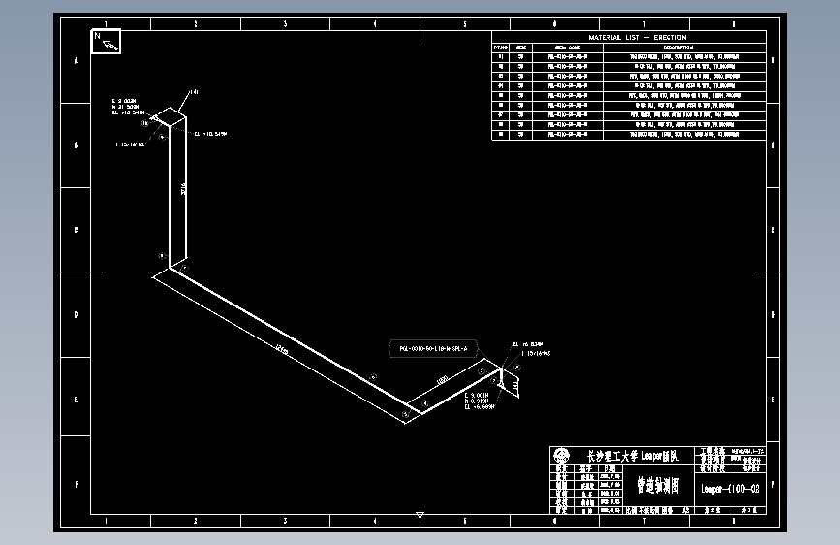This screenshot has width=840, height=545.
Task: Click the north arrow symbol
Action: click(107, 41)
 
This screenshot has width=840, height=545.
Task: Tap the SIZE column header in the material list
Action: click(521, 47)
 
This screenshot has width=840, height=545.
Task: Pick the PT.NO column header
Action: click(501, 47)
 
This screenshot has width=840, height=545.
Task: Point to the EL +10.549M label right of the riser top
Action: click(210, 134)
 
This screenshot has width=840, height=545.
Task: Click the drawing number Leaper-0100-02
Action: click(730, 489)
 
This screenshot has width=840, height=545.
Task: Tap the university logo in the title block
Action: click(561, 455)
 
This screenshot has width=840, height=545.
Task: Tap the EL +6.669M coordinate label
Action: click(480, 408)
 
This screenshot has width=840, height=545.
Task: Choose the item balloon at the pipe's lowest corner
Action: click(405, 414)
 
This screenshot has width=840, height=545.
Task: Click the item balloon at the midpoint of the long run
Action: click(372, 377)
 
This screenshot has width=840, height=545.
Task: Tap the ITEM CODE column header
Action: click(567, 47)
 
